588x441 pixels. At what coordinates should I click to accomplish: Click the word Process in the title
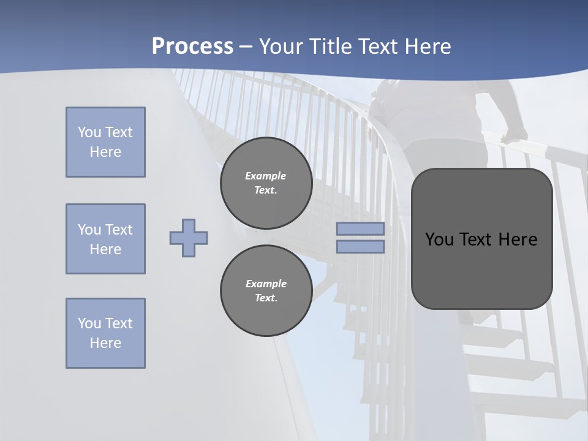[x=192, y=47]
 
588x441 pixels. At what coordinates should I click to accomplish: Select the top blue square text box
[x=105, y=142]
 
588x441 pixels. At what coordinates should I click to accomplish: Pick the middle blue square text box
[x=105, y=239]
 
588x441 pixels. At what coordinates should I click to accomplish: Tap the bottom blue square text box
[x=105, y=333]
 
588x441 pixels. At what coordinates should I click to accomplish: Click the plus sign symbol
[x=189, y=238]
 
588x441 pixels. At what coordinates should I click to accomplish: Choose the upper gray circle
[x=266, y=183]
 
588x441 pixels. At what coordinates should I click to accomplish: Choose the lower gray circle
[x=266, y=291]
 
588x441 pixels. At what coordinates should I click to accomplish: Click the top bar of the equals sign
[x=360, y=229]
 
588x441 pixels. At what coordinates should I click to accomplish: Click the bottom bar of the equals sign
[x=360, y=246]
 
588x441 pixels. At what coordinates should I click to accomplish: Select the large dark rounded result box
[x=481, y=269]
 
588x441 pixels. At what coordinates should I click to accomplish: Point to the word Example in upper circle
[x=266, y=176]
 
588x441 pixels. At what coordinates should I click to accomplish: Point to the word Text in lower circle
[x=265, y=298]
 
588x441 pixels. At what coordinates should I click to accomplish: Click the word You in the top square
[x=89, y=132]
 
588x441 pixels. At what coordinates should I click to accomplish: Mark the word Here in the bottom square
[x=105, y=343]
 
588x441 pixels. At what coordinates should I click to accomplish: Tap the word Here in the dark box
[x=518, y=239]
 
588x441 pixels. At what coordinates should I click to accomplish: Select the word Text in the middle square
[x=118, y=230]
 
